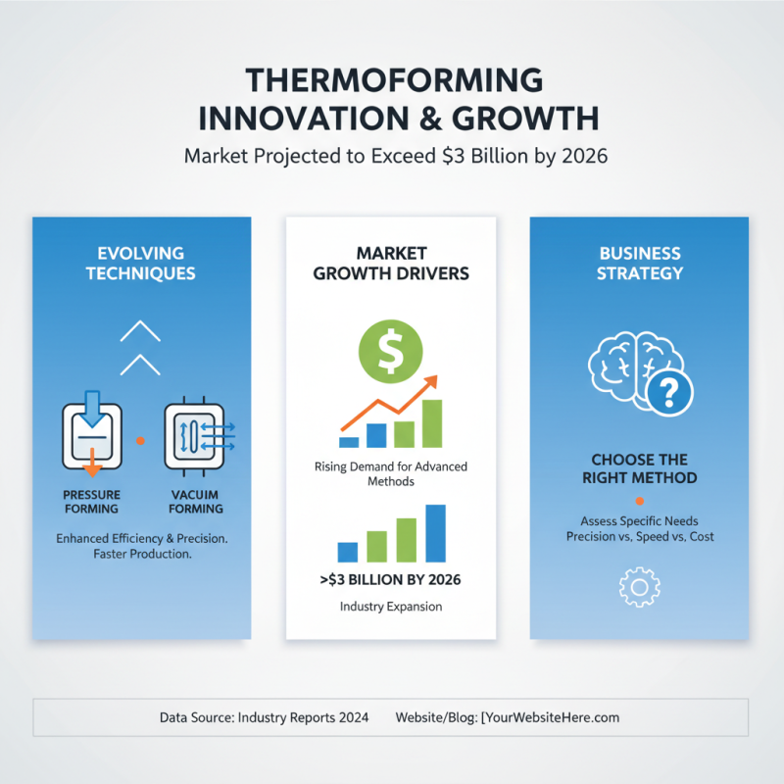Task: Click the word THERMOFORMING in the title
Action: (391, 81)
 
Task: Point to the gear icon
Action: (639, 585)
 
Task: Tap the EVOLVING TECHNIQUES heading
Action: (140, 262)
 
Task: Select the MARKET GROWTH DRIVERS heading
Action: (391, 262)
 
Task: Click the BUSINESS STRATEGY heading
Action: (640, 262)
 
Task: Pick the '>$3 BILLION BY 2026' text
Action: (391, 580)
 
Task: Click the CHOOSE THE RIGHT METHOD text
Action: (640, 468)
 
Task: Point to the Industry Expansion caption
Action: (391, 607)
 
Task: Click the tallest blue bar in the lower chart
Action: (436, 533)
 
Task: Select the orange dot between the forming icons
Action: (140, 442)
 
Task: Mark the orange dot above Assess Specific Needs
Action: (640, 501)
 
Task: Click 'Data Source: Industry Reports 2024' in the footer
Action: (264, 718)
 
